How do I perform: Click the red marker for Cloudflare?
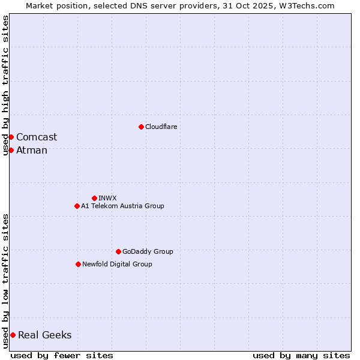coord(141,127)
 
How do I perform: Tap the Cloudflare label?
coord(161,127)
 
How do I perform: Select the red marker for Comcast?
coord(11,137)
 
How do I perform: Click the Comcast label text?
coord(37,137)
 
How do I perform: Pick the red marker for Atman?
coord(11,150)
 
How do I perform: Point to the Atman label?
coord(32,150)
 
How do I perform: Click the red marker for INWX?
coord(94,198)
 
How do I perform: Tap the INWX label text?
coord(107,198)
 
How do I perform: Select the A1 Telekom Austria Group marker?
coord(77,206)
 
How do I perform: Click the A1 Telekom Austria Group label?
coord(122,206)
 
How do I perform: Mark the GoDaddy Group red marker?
coord(118,251)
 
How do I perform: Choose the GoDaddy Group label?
coord(148,251)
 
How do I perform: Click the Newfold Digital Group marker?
coord(78,264)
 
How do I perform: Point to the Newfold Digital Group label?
coord(117,264)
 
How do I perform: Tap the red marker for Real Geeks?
coord(13,335)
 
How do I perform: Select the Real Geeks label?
coord(45,335)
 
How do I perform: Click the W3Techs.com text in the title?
coord(305,5)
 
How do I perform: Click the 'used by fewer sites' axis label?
coord(62,355)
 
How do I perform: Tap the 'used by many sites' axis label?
coord(301,355)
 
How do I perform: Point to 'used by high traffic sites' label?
coord(5,85)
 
